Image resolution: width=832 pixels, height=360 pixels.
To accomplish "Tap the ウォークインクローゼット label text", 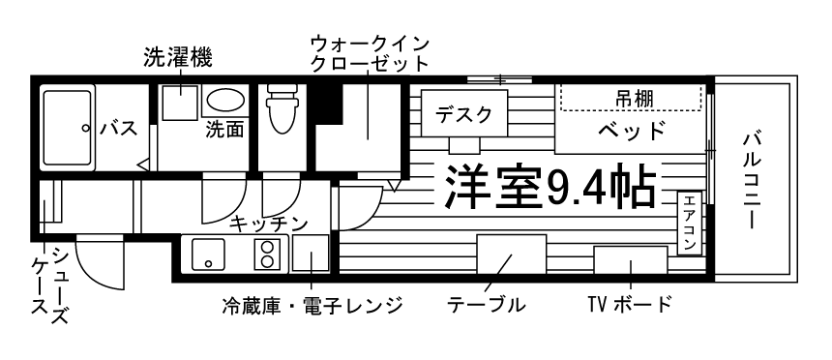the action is point(370,54).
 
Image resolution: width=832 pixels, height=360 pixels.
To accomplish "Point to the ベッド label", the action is point(631,130).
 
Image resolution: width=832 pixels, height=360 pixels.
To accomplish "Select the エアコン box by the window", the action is point(689,224).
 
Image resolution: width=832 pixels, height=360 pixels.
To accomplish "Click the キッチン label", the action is point(268,224).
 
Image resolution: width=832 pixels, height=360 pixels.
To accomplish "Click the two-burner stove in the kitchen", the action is point(266,254).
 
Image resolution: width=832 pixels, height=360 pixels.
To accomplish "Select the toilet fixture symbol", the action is point(281,109).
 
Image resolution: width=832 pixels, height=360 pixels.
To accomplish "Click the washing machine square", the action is point(179,102).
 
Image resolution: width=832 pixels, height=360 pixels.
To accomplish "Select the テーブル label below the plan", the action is point(486,306).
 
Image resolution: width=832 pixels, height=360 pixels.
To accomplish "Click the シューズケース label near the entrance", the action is point(48,287).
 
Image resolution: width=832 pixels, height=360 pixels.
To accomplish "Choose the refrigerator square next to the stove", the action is point(309,255).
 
